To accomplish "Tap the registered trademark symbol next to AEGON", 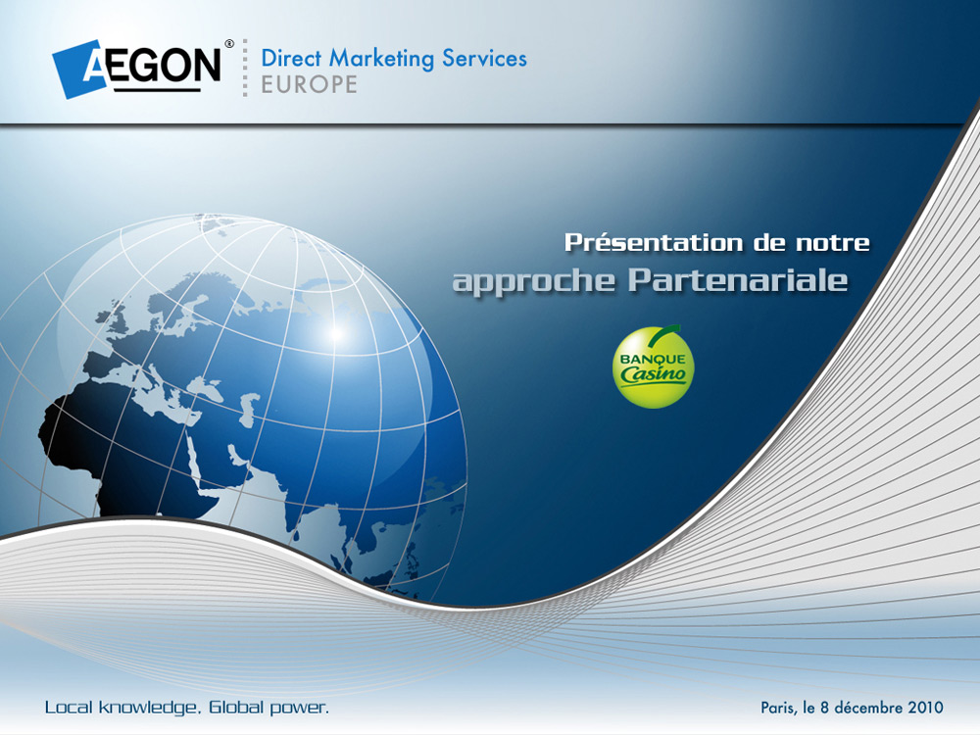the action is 229,44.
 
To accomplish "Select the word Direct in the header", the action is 291,58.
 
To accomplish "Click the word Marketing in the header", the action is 381,59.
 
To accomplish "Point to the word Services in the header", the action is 484,58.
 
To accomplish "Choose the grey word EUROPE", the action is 309,84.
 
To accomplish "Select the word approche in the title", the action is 534,280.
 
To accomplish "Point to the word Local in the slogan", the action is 69,708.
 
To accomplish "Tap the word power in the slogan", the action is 299,709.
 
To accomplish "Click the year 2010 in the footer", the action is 926,708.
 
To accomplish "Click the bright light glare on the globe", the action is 335,333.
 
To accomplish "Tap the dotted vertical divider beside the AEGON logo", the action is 245,68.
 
